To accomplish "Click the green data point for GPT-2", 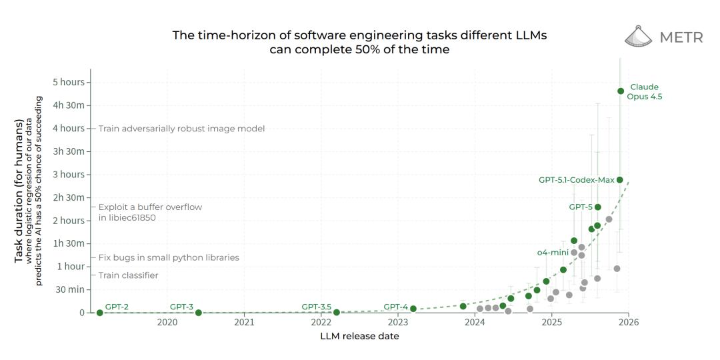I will pos(100,313).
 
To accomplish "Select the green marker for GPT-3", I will pos(198,313).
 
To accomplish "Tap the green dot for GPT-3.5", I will pos(337,312).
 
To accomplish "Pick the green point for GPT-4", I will pos(413,309).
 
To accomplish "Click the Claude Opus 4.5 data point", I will pos(621,91).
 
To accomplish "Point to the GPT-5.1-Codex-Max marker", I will pos(620,180).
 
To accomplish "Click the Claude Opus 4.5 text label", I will pos(645,92).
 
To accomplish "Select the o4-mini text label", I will pos(552,253).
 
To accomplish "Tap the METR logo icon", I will pos(638,37).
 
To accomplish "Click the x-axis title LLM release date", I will pos(360,337).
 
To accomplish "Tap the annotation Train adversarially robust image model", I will pos(181,129).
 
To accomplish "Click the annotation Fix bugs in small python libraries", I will pos(169,257).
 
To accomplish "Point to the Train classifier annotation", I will pos(129,275).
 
